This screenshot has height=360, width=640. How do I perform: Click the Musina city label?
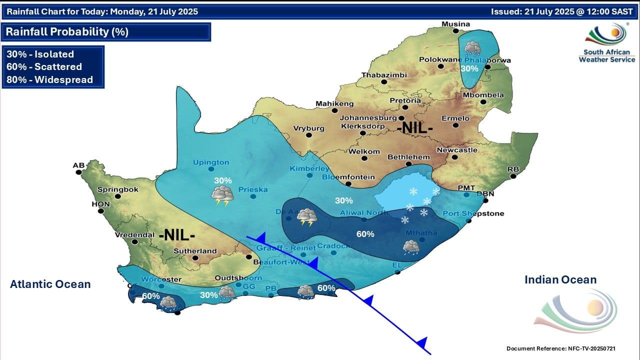click(455, 24)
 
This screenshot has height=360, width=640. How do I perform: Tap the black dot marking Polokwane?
click(440, 66)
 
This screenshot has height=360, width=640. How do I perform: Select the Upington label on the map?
click(211, 162)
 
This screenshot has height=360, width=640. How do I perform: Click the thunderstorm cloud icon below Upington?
click(223, 195)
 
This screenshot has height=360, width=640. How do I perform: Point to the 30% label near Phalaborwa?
click(469, 68)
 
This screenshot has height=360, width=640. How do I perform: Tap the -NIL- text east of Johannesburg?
click(414, 128)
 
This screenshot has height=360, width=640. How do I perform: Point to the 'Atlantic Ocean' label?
click(50, 284)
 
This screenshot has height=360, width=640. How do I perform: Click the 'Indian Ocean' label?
click(560, 280)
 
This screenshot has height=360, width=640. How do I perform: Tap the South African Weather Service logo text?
click(606, 55)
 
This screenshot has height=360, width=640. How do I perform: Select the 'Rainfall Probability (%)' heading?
click(67, 32)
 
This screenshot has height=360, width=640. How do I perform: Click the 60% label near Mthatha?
click(365, 234)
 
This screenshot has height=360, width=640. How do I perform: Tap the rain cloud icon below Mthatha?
click(411, 247)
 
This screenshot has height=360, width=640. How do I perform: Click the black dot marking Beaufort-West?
click(249, 257)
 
